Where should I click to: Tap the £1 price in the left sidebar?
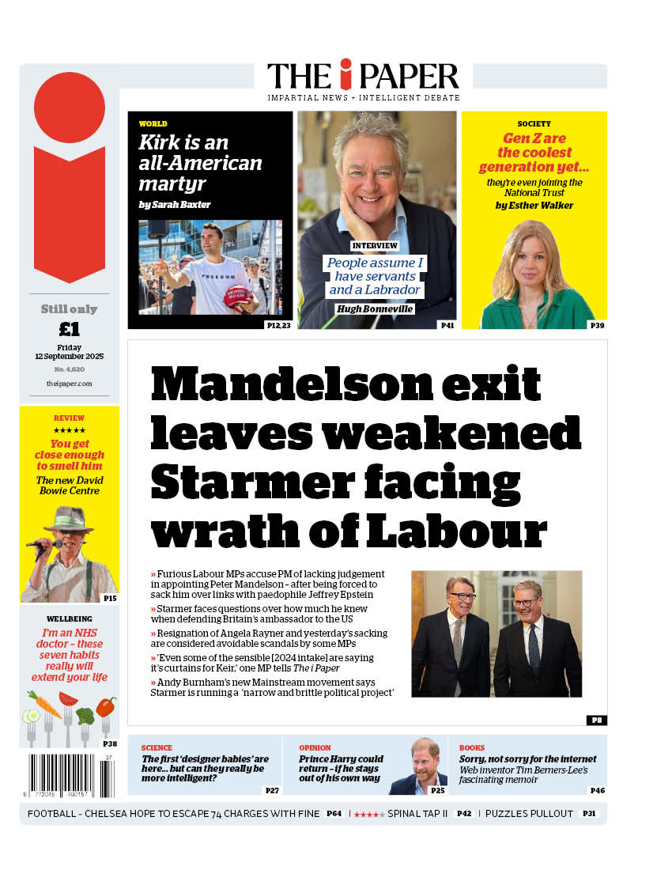point(70,329)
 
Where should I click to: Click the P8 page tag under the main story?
point(596,720)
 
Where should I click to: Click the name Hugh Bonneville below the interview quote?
point(376,309)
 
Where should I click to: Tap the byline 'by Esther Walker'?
point(534,206)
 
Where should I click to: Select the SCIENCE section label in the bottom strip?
point(157,747)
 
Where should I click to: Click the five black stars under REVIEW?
point(70,430)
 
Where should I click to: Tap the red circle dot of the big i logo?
point(70,108)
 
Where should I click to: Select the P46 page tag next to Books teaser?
point(597,790)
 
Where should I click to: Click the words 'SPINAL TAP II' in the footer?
point(417,814)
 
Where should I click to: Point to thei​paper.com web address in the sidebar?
point(70,384)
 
